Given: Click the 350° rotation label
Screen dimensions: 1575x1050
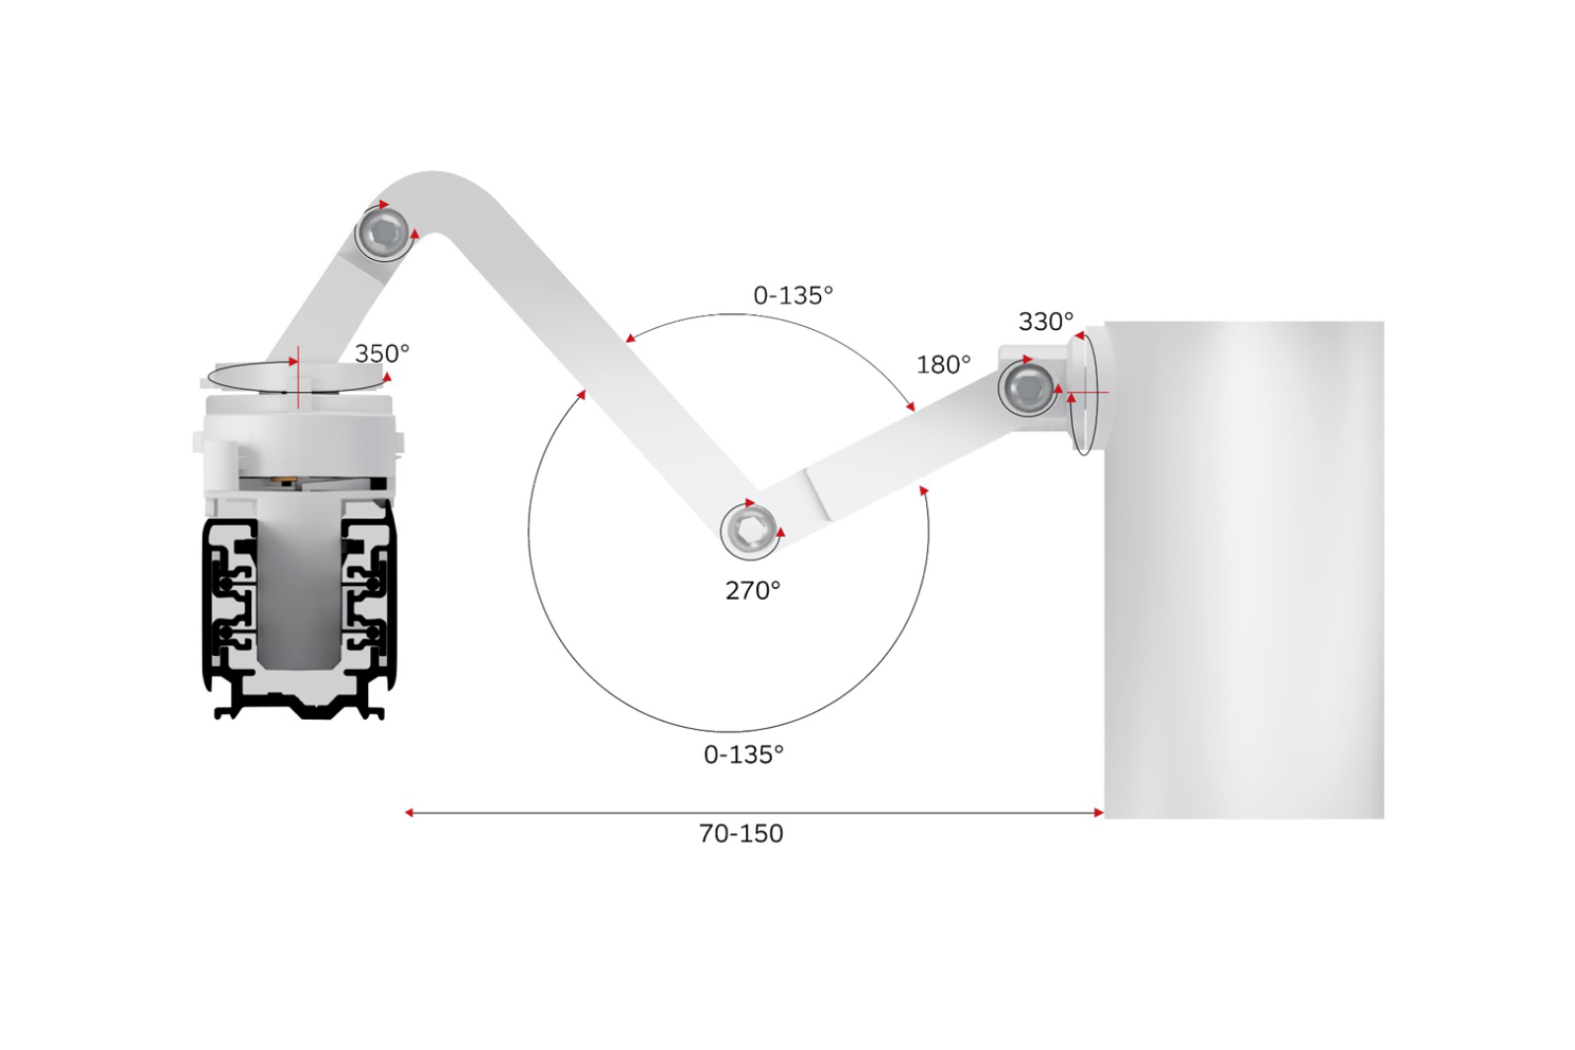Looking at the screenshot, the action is pyautogui.click(x=382, y=353).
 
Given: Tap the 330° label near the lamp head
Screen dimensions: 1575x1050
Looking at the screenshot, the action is pyautogui.click(x=1045, y=322).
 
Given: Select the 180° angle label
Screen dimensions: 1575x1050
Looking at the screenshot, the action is pyautogui.click(x=944, y=364).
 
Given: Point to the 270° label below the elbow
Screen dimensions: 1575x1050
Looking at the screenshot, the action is pyautogui.click(x=753, y=590).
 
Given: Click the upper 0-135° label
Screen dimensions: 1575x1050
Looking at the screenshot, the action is pyautogui.click(x=793, y=295).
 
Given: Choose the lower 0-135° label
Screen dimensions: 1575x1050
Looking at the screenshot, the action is pyautogui.click(x=744, y=755).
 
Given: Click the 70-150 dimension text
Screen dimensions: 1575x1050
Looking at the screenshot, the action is pyautogui.click(x=741, y=833).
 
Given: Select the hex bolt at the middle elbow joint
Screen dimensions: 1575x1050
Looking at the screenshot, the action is pyautogui.click(x=749, y=531).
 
